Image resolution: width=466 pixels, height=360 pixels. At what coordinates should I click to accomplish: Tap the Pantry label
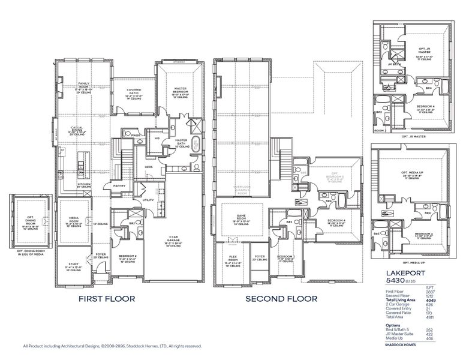(119, 186)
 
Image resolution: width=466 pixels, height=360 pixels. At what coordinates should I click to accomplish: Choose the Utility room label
(148, 200)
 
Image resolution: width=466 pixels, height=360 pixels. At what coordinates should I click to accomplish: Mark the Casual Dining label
(77, 129)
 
